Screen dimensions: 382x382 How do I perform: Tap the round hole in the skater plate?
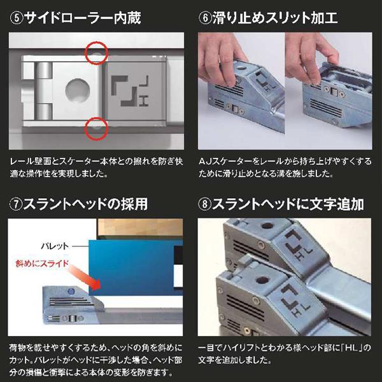(74, 88)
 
